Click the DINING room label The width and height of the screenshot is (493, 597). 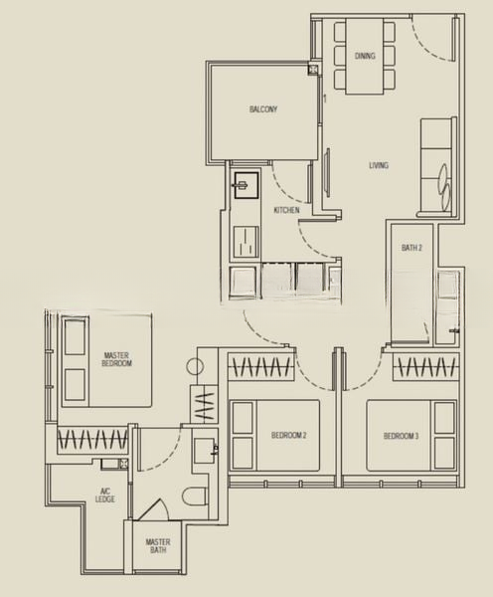(365, 56)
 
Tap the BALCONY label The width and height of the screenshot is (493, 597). (263, 109)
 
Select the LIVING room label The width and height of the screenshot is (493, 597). (379, 165)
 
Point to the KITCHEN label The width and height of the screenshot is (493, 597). (286, 210)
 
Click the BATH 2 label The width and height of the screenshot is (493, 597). (411, 248)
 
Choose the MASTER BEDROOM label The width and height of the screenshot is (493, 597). (116, 359)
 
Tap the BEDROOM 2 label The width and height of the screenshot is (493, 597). (288, 435)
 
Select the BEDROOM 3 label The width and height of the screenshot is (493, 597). (401, 436)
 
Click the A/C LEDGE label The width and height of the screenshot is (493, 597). (105, 496)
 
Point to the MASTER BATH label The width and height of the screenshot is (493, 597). (158, 546)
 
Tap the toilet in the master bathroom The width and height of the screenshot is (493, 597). (195, 497)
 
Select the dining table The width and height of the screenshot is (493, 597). (365, 56)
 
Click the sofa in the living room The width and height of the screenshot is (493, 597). (437, 167)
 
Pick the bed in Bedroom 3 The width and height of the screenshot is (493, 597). (411, 436)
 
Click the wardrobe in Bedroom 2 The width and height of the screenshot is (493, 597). (261, 367)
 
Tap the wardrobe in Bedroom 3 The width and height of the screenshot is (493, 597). (426, 367)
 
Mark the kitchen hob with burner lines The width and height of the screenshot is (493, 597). (246, 242)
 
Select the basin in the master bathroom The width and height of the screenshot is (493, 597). (206, 451)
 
